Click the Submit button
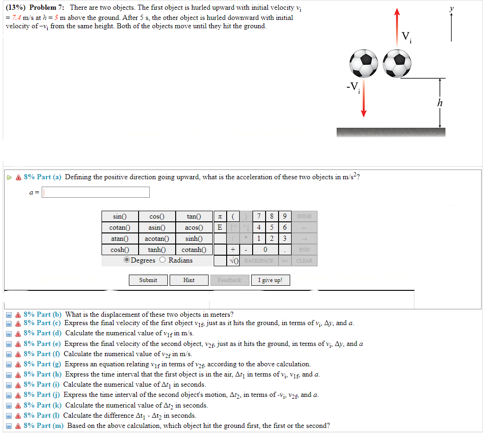[148, 280]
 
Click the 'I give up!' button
[271, 280]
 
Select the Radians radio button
[163, 260]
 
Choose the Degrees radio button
[127, 260]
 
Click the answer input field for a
[96, 192]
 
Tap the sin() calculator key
[119, 216]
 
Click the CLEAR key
[304, 261]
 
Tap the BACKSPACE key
[259, 261]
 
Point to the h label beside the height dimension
[439, 103]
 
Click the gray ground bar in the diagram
[390, 132]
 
